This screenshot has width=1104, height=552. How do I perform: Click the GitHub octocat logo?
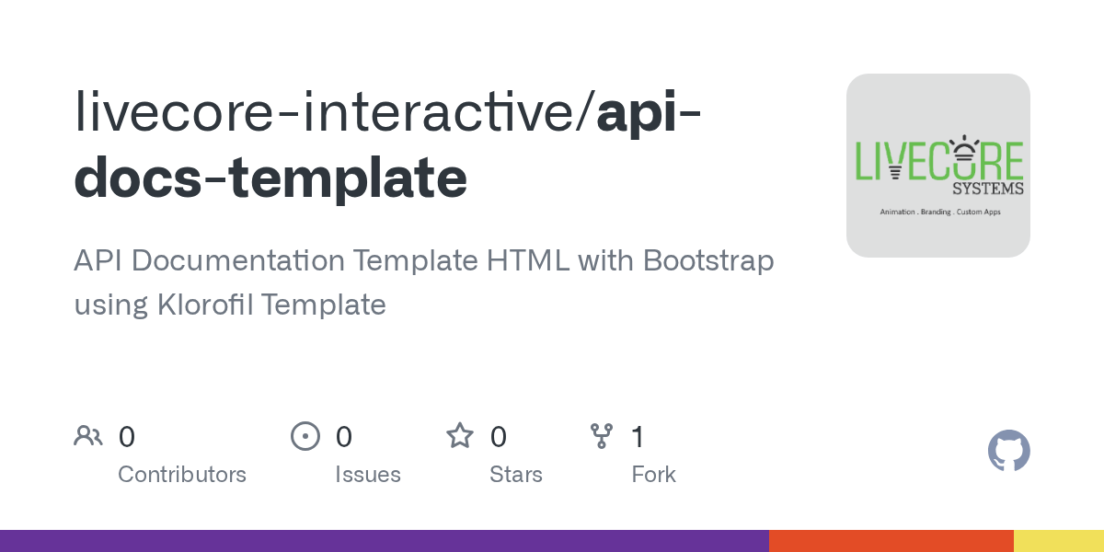point(1009,451)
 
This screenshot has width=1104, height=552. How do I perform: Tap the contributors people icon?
point(88,436)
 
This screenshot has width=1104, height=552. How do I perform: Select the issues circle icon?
point(305,436)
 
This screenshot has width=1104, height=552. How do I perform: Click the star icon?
point(460,436)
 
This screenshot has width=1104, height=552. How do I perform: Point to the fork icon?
point(602,436)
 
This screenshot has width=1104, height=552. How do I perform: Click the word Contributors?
point(182,475)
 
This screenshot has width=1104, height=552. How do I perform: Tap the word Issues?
point(368,475)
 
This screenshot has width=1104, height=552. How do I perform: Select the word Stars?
point(516,475)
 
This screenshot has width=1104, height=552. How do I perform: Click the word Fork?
point(653,475)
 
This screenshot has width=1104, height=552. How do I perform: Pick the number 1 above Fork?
point(638,437)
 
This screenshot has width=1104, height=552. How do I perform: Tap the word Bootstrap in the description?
point(708,260)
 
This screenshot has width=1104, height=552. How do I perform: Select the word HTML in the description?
point(528,260)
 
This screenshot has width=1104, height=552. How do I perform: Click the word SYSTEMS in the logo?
point(988,189)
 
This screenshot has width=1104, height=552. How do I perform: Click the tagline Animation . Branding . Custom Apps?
point(940,212)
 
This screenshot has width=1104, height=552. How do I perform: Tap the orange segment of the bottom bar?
point(891,541)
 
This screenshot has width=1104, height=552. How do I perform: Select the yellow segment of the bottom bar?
point(1059,541)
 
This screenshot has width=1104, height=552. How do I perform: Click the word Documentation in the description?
point(238,260)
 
